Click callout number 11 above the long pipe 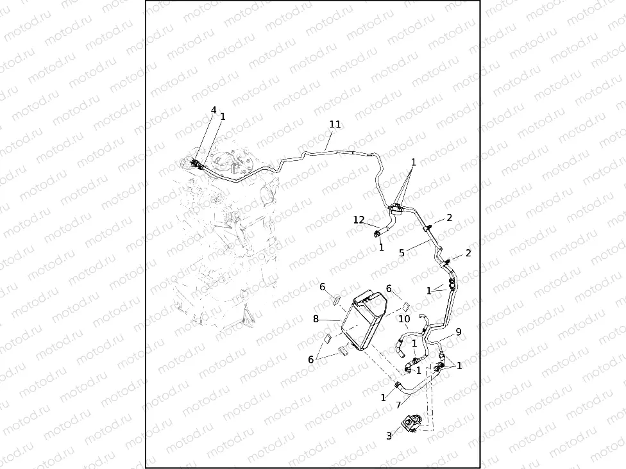click(335, 124)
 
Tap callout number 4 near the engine click(214, 110)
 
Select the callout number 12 click(359, 220)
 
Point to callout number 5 click(402, 253)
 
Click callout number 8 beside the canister click(316, 319)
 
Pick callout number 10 click(405, 319)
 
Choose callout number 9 click(459, 332)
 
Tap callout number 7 click(398, 405)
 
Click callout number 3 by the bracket click(389, 436)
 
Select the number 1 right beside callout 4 click(223, 116)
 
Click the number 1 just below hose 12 click(381, 247)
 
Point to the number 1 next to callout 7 click(384, 398)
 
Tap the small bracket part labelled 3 click(410, 422)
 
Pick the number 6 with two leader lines click(310, 359)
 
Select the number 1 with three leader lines click(414, 162)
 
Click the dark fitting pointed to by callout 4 click(196, 163)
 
